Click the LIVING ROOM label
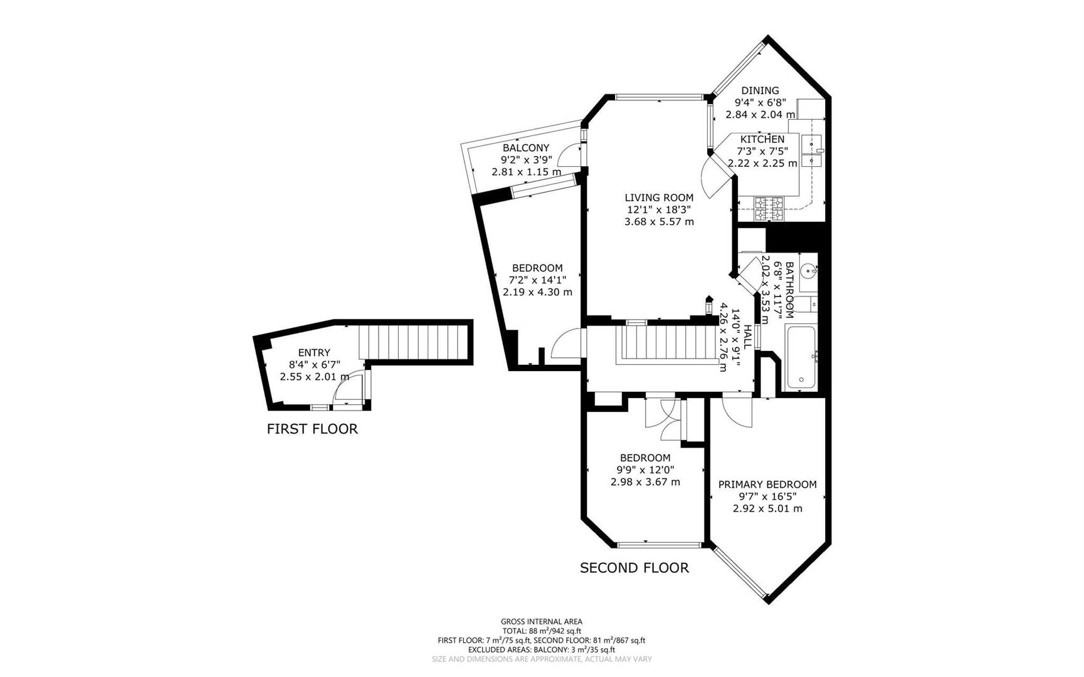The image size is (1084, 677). (659, 197)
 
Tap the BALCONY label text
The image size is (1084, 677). (525, 148)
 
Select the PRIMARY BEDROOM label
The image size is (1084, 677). (767, 485)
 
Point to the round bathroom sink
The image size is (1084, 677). (809, 271)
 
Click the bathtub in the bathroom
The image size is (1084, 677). (801, 358)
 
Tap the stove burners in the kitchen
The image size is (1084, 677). (769, 209)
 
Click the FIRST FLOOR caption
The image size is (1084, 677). (312, 429)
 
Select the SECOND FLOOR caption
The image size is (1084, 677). (634, 568)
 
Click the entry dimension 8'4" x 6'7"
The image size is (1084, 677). (314, 365)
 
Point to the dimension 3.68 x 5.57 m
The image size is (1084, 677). (659, 222)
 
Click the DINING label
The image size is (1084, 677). (760, 91)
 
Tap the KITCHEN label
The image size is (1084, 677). (762, 139)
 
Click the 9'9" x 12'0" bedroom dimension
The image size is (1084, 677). (645, 470)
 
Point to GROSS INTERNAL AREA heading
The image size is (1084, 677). (541, 622)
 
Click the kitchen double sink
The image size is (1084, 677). (813, 151)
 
